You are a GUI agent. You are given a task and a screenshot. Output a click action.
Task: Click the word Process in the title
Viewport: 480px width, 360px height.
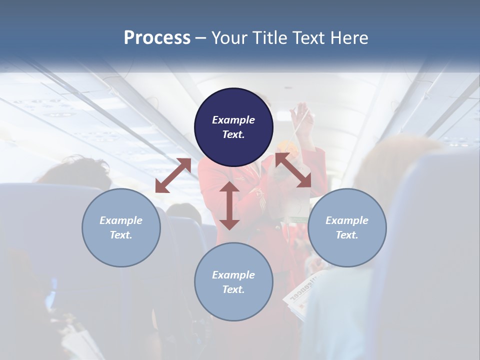[x=157, y=38]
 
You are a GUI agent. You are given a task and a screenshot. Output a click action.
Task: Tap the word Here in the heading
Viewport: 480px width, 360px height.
[x=349, y=38]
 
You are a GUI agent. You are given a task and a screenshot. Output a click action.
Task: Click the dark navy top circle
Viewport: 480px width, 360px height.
[x=233, y=127]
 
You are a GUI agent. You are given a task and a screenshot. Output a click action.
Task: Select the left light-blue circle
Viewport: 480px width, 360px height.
[x=121, y=227]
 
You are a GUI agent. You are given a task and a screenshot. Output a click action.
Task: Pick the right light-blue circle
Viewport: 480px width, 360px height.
[x=347, y=227]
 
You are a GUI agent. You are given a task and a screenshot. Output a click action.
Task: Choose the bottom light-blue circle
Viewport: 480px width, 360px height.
[x=233, y=281]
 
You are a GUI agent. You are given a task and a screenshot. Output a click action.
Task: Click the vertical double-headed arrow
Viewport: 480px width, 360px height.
[x=229, y=205]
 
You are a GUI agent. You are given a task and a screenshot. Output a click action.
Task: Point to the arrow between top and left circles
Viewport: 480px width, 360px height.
[x=173, y=175]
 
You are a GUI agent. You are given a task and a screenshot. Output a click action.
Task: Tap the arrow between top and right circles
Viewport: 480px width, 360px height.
[x=293, y=170]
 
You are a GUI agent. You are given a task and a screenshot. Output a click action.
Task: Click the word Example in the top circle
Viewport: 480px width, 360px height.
[x=233, y=120]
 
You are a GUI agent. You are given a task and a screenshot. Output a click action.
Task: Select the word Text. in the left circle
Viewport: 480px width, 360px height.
[x=121, y=235]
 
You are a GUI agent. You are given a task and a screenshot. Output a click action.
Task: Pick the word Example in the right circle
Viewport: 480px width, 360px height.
[x=347, y=220]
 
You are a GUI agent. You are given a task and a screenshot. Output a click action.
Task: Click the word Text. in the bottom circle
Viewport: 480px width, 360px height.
[x=233, y=289]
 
